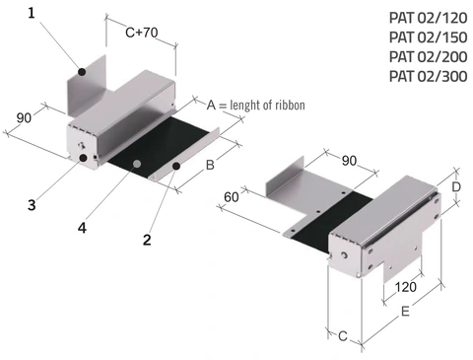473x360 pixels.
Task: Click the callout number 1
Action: pos(32,13)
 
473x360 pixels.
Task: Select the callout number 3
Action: pos(32,205)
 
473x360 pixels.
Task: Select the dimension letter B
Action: pos(209,166)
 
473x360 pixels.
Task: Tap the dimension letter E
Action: pos(404,311)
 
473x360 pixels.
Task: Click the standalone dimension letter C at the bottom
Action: pos(342,335)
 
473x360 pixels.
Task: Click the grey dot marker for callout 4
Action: pos(139,162)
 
